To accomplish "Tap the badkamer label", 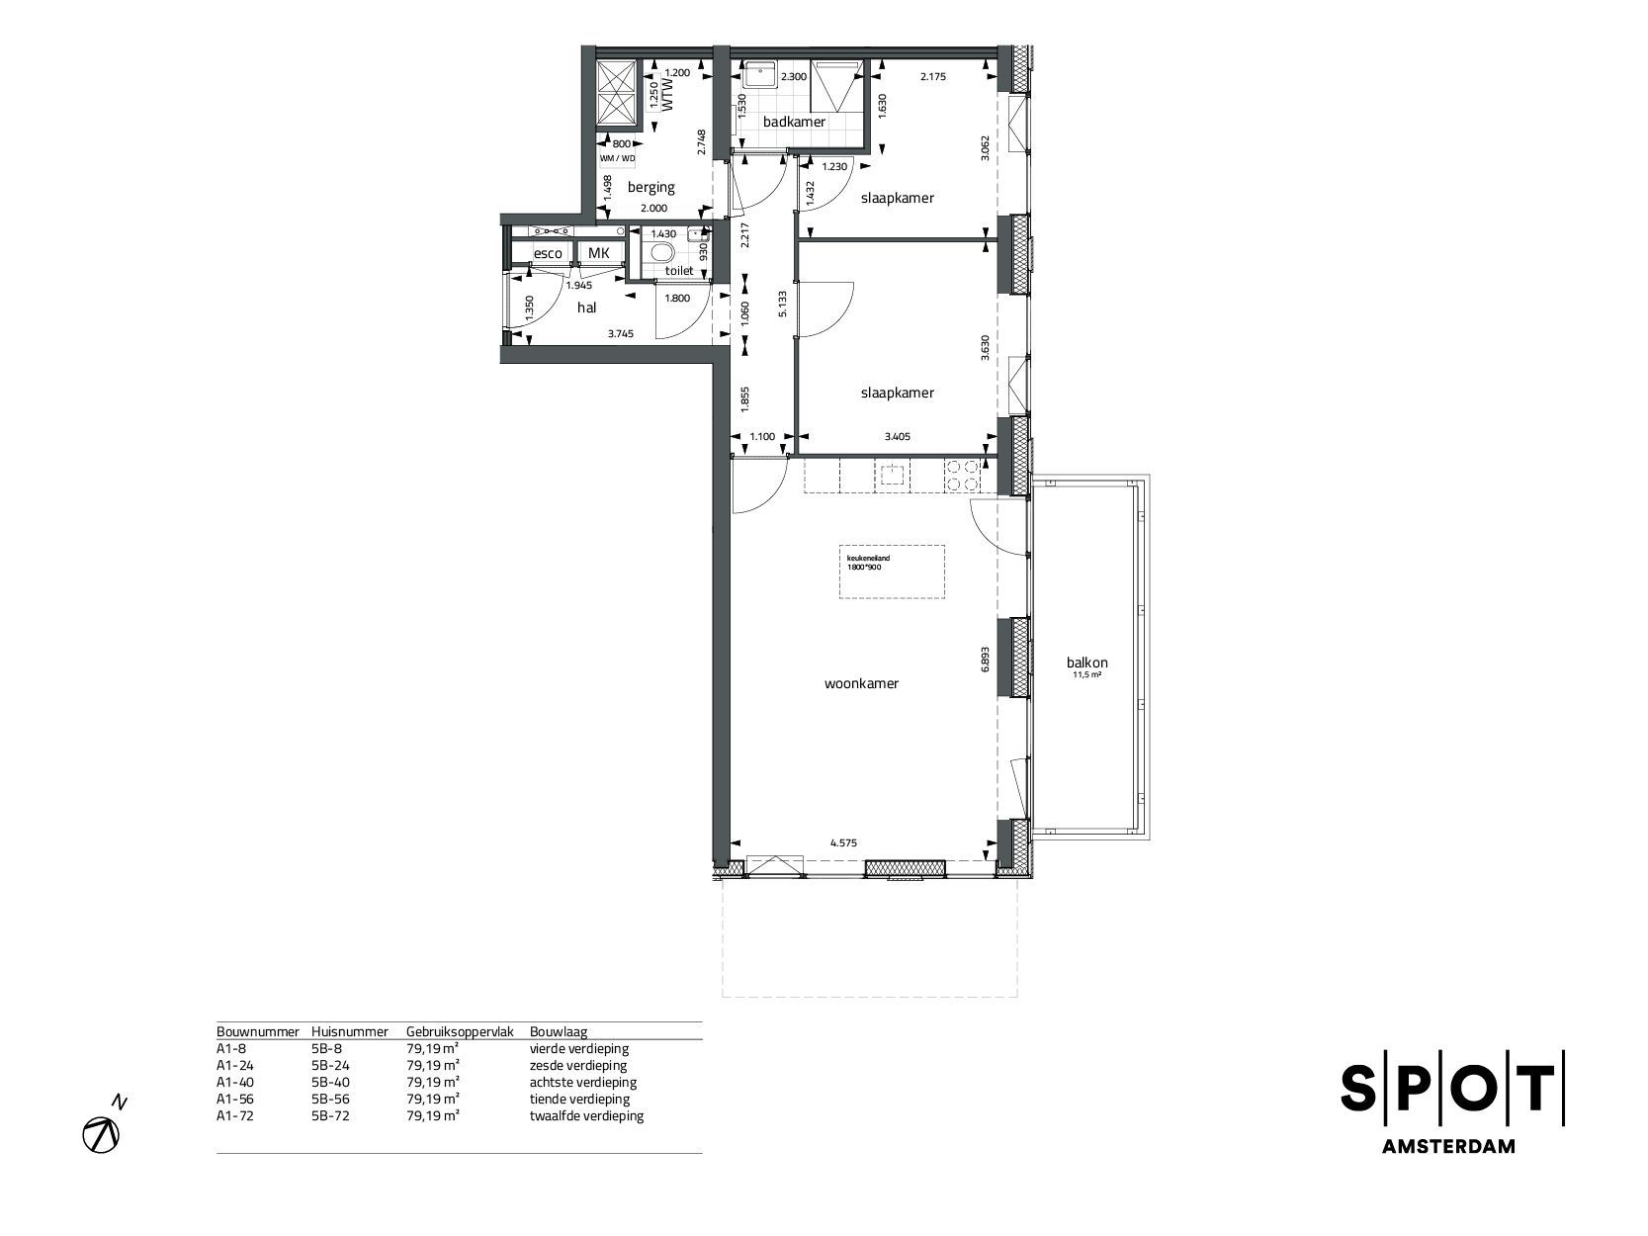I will pos(794,122).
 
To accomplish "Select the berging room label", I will pos(651,186).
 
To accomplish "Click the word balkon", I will pos(1086,663).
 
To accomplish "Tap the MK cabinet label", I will pos(599,253).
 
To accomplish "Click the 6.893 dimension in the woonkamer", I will pos(985,659).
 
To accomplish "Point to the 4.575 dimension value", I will pos(842,843).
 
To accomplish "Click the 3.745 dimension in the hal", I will pos(620,334).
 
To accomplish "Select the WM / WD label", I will pos(617,157).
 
